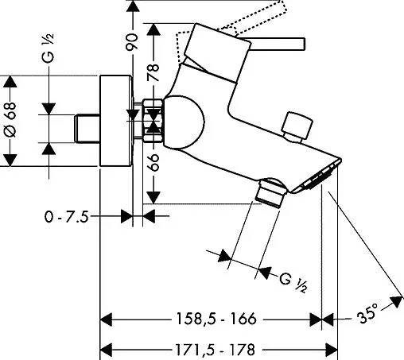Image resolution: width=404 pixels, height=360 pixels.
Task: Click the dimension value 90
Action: [132, 41]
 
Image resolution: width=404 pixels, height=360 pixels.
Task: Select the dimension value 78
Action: [153, 72]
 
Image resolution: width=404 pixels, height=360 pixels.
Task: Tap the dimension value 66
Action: [153, 162]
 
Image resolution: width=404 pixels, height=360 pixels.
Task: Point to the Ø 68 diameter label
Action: [11, 120]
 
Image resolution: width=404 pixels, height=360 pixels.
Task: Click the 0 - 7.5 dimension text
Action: [66, 217]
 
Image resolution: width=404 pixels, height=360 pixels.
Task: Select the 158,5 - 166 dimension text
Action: [216, 319]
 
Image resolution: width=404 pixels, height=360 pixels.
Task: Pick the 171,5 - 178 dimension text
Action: [215, 350]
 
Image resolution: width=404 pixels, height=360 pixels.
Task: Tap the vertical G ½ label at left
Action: [48, 48]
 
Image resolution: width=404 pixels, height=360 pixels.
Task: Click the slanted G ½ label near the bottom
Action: [293, 283]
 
